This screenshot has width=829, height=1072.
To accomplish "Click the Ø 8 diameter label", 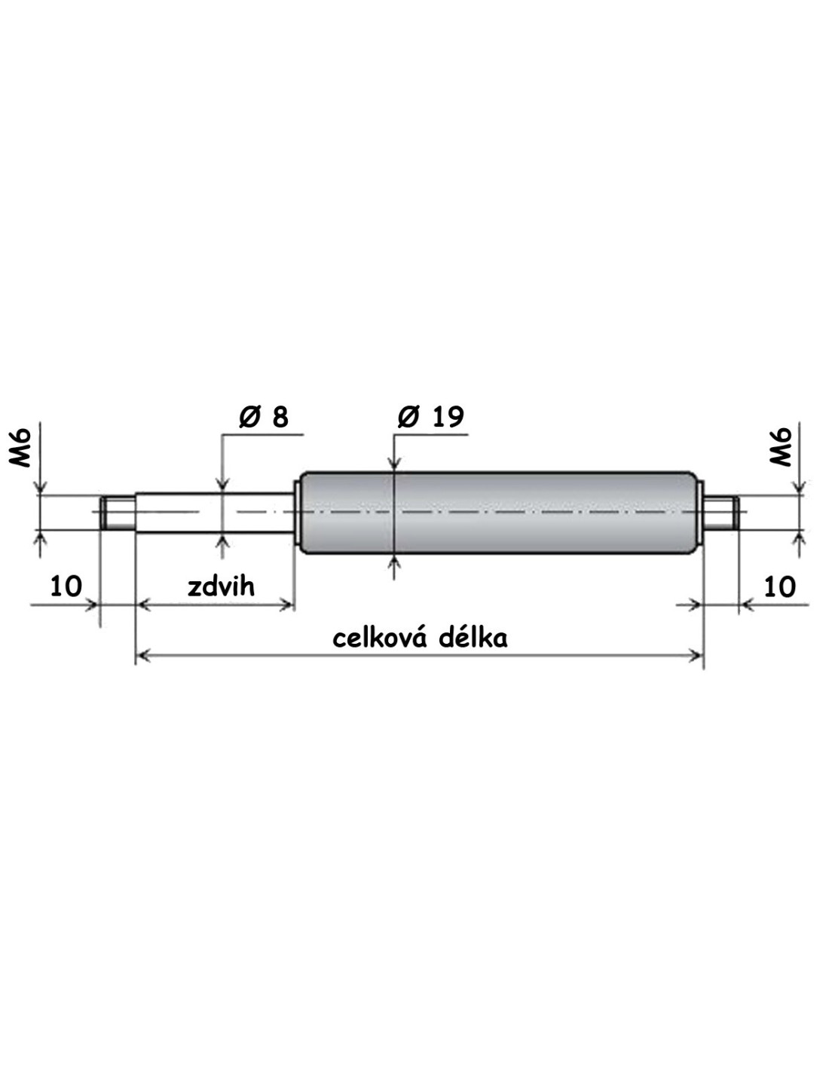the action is coord(263,418).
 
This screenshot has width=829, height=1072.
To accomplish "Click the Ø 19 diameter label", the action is coord(430,418).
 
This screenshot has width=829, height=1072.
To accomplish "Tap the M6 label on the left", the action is coord(20,447).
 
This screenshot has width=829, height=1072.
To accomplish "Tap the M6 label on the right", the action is coord(781,447).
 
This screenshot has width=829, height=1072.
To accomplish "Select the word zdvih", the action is coord(221,587).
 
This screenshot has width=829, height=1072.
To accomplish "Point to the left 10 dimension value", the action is coord(66,587).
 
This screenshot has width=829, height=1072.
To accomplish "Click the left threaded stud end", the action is coord(118,513).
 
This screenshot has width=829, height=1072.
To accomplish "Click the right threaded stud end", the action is coord(721,513).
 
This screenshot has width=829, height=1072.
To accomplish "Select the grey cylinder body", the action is coord(497,513).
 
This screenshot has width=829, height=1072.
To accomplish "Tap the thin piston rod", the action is coord(215,513).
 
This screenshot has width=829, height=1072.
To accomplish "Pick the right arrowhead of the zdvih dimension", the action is coord(288,605).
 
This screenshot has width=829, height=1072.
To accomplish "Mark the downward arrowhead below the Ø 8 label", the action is coord(222,485).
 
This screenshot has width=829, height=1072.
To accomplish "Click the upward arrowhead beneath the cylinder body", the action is coord(393,562).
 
